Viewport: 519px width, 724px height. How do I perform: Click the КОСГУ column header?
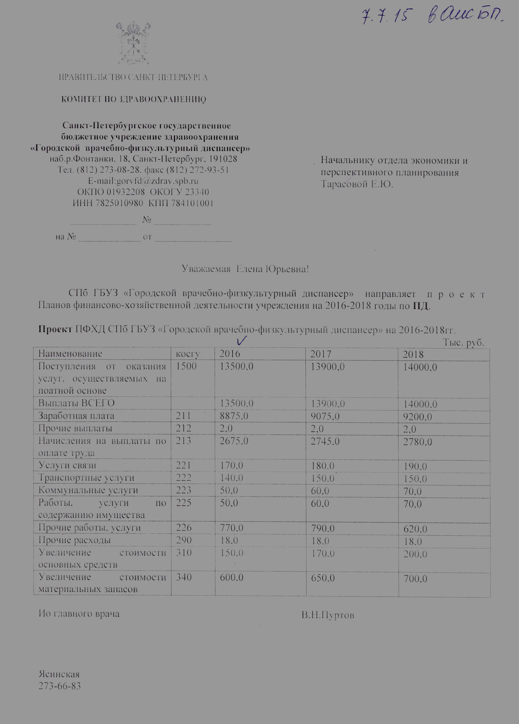pyautogui.click(x=189, y=354)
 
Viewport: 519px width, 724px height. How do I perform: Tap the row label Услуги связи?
pyautogui.click(x=67, y=465)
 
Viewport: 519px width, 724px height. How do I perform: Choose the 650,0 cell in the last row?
pyautogui.click(x=322, y=578)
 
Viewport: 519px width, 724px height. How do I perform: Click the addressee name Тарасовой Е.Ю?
pyautogui.click(x=357, y=184)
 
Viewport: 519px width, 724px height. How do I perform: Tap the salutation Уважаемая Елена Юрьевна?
pyautogui.click(x=246, y=269)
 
